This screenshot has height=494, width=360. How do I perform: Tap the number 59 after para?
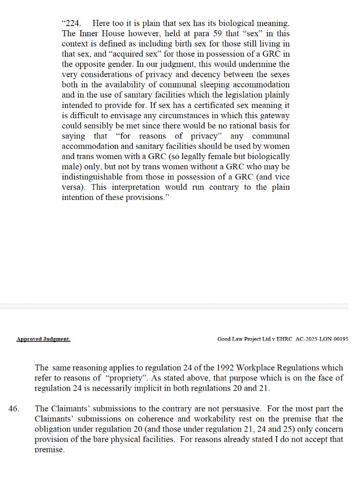click(193, 34)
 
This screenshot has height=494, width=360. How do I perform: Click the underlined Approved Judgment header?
click(43, 339)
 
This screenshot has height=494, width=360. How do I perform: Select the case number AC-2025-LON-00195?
click(322, 339)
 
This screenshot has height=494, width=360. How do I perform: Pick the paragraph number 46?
click(15, 409)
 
